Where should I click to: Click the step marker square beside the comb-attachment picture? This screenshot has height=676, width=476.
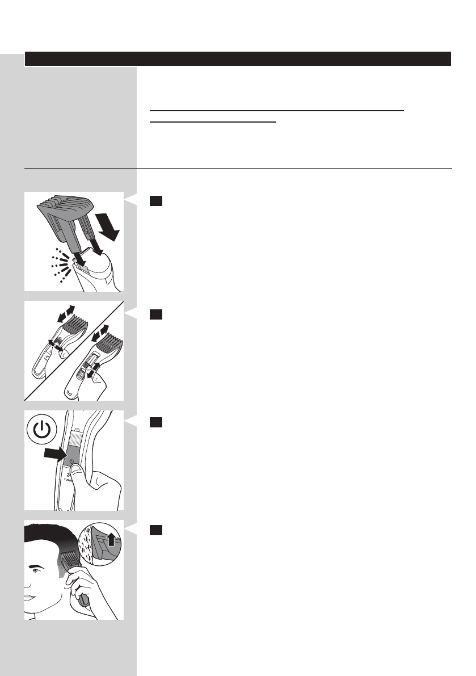[x=157, y=201]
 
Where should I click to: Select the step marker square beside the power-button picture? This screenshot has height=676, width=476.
[x=157, y=422]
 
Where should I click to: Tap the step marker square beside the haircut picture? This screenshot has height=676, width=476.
[x=157, y=530]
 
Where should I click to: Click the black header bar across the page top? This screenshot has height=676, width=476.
[x=238, y=59]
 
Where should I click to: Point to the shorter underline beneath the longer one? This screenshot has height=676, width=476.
[x=213, y=121]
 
